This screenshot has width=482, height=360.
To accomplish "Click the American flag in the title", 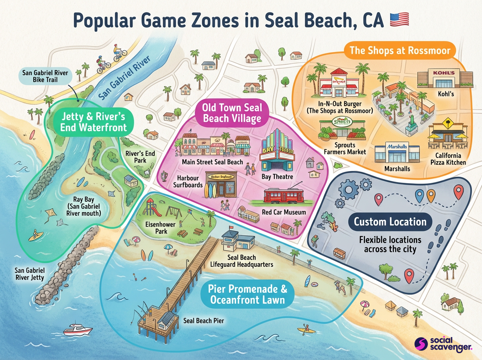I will pyautogui.click(x=399, y=19).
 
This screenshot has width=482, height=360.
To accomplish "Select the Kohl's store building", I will pyautogui.click(x=443, y=80).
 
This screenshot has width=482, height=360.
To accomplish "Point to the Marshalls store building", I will pyautogui.click(x=397, y=151).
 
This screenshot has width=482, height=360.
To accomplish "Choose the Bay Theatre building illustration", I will pyautogui.click(x=278, y=149).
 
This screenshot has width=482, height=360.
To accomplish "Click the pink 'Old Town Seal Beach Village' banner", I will pyautogui.click(x=232, y=113).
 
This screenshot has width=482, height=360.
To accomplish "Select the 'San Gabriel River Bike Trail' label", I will pyautogui.click(x=45, y=76).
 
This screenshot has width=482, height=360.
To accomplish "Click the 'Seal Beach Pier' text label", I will pyautogui.click(x=204, y=321).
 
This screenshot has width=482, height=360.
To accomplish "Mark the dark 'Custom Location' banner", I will pyautogui.click(x=390, y=222).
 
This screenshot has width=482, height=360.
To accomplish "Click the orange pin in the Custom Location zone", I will pyautogui.click(x=431, y=196).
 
